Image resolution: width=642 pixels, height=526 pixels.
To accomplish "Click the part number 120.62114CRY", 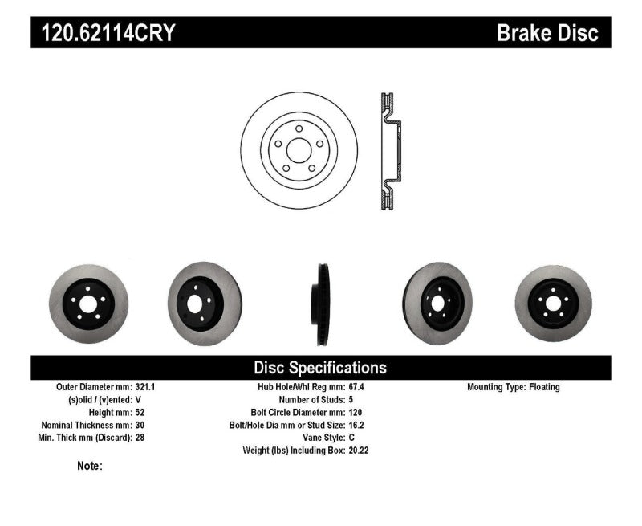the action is [108, 33].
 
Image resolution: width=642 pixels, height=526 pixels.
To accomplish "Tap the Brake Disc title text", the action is [547, 33].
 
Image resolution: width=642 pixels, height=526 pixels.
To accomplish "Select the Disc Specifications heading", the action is [320, 368].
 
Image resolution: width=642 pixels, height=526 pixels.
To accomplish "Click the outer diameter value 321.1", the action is [145, 387].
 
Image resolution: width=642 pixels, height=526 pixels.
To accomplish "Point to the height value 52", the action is [140, 412].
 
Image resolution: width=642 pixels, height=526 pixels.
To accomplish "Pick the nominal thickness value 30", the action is [140, 425].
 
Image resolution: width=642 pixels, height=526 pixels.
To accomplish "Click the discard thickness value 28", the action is [140, 438].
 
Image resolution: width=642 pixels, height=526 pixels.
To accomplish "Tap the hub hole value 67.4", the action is [356, 387].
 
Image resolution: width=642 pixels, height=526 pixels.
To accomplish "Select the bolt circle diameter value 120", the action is [356, 412].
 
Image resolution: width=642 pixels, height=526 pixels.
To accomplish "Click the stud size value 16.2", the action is [356, 425].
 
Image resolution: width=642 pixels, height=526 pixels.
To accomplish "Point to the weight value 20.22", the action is [359, 451].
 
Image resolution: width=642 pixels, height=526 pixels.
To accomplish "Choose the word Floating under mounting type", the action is [544, 387].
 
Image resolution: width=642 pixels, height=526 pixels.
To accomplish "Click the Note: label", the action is [90, 466].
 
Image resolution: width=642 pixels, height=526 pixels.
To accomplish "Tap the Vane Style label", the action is [324, 438].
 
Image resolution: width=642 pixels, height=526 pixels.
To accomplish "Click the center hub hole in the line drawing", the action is [299, 150].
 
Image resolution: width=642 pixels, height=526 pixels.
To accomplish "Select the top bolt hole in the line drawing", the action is [299, 128].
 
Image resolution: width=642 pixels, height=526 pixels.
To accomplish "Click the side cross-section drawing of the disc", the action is [390, 151].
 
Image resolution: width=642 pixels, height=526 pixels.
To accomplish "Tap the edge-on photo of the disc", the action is [320, 304].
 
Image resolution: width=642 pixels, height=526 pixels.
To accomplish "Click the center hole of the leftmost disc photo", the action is [88, 304].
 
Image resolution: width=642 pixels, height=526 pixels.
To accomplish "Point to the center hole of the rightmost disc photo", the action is [553, 304].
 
